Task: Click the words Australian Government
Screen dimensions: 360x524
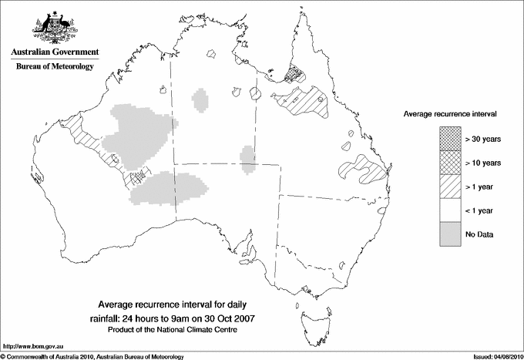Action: click(54, 52)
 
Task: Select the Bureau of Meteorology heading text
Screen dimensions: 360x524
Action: click(54, 67)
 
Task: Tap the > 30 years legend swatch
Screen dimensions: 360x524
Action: click(446, 140)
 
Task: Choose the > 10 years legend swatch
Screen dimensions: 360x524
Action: click(446, 163)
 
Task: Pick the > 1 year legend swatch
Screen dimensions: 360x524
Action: click(446, 187)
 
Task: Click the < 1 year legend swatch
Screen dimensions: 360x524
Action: click(446, 210)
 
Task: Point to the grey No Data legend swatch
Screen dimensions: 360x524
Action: click(446, 234)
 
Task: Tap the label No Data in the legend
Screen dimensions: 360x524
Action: click(479, 234)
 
